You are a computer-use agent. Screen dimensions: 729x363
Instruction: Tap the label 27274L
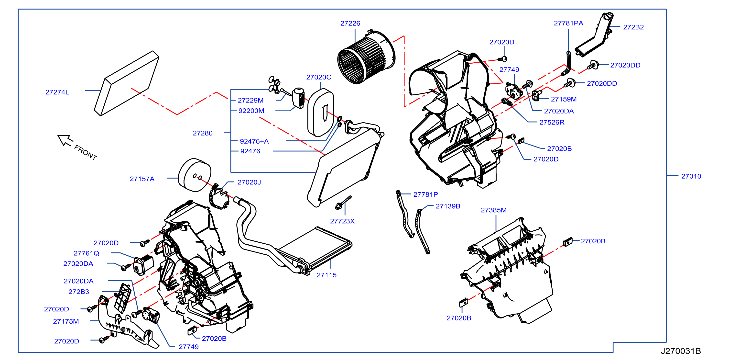click(x=57, y=92)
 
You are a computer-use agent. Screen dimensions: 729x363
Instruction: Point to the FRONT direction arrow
click(x=65, y=140)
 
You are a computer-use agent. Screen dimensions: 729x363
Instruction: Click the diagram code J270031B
click(x=681, y=351)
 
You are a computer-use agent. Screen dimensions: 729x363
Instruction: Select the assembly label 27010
click(x=691, y=176)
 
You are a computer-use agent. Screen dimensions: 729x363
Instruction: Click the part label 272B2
click(x=633, y=27)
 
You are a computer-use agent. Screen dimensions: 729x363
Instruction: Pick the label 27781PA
click(x=568, y=23)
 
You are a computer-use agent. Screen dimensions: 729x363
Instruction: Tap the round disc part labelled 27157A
click(x=195, y=175)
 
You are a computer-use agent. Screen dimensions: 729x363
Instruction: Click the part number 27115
click(x=326, y=275)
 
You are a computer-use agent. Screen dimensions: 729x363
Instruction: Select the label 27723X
click(x=342, y=221)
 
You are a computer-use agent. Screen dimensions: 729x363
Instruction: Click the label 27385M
click(x=494, y=210)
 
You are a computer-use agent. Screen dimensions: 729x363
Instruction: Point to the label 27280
click(x=203, y=133)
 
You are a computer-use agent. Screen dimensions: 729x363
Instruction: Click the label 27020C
click(x=319, y=77)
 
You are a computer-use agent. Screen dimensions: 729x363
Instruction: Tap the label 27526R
click(x=552, y=122)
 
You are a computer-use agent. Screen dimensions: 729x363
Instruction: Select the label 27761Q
click(x=86, y=253)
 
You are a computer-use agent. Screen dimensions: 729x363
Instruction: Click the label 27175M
click(x=66, y=321)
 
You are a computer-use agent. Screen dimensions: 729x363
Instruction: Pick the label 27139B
click(x=448, y=206)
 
